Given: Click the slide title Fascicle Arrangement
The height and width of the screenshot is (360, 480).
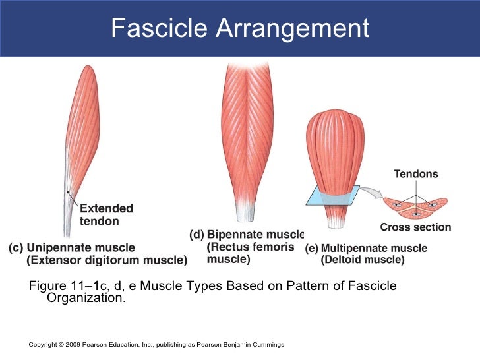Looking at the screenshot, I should tap(240, 28).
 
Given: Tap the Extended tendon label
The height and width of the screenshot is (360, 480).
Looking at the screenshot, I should tap(106, 215).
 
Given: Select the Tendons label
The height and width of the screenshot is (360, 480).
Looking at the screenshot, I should tap(415, 174).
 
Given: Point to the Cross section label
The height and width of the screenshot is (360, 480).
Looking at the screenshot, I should tap(415, 227).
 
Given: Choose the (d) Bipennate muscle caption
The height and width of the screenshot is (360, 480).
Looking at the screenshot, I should tap(247, 235).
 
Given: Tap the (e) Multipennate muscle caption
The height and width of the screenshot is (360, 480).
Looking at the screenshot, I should tap(366, 249).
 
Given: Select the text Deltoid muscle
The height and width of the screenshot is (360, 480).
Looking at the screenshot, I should tap(363, 260).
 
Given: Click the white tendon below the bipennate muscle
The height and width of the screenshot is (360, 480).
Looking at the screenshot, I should tap(246, 212).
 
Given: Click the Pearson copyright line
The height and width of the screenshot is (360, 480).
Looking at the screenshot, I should tap(157, 345).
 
